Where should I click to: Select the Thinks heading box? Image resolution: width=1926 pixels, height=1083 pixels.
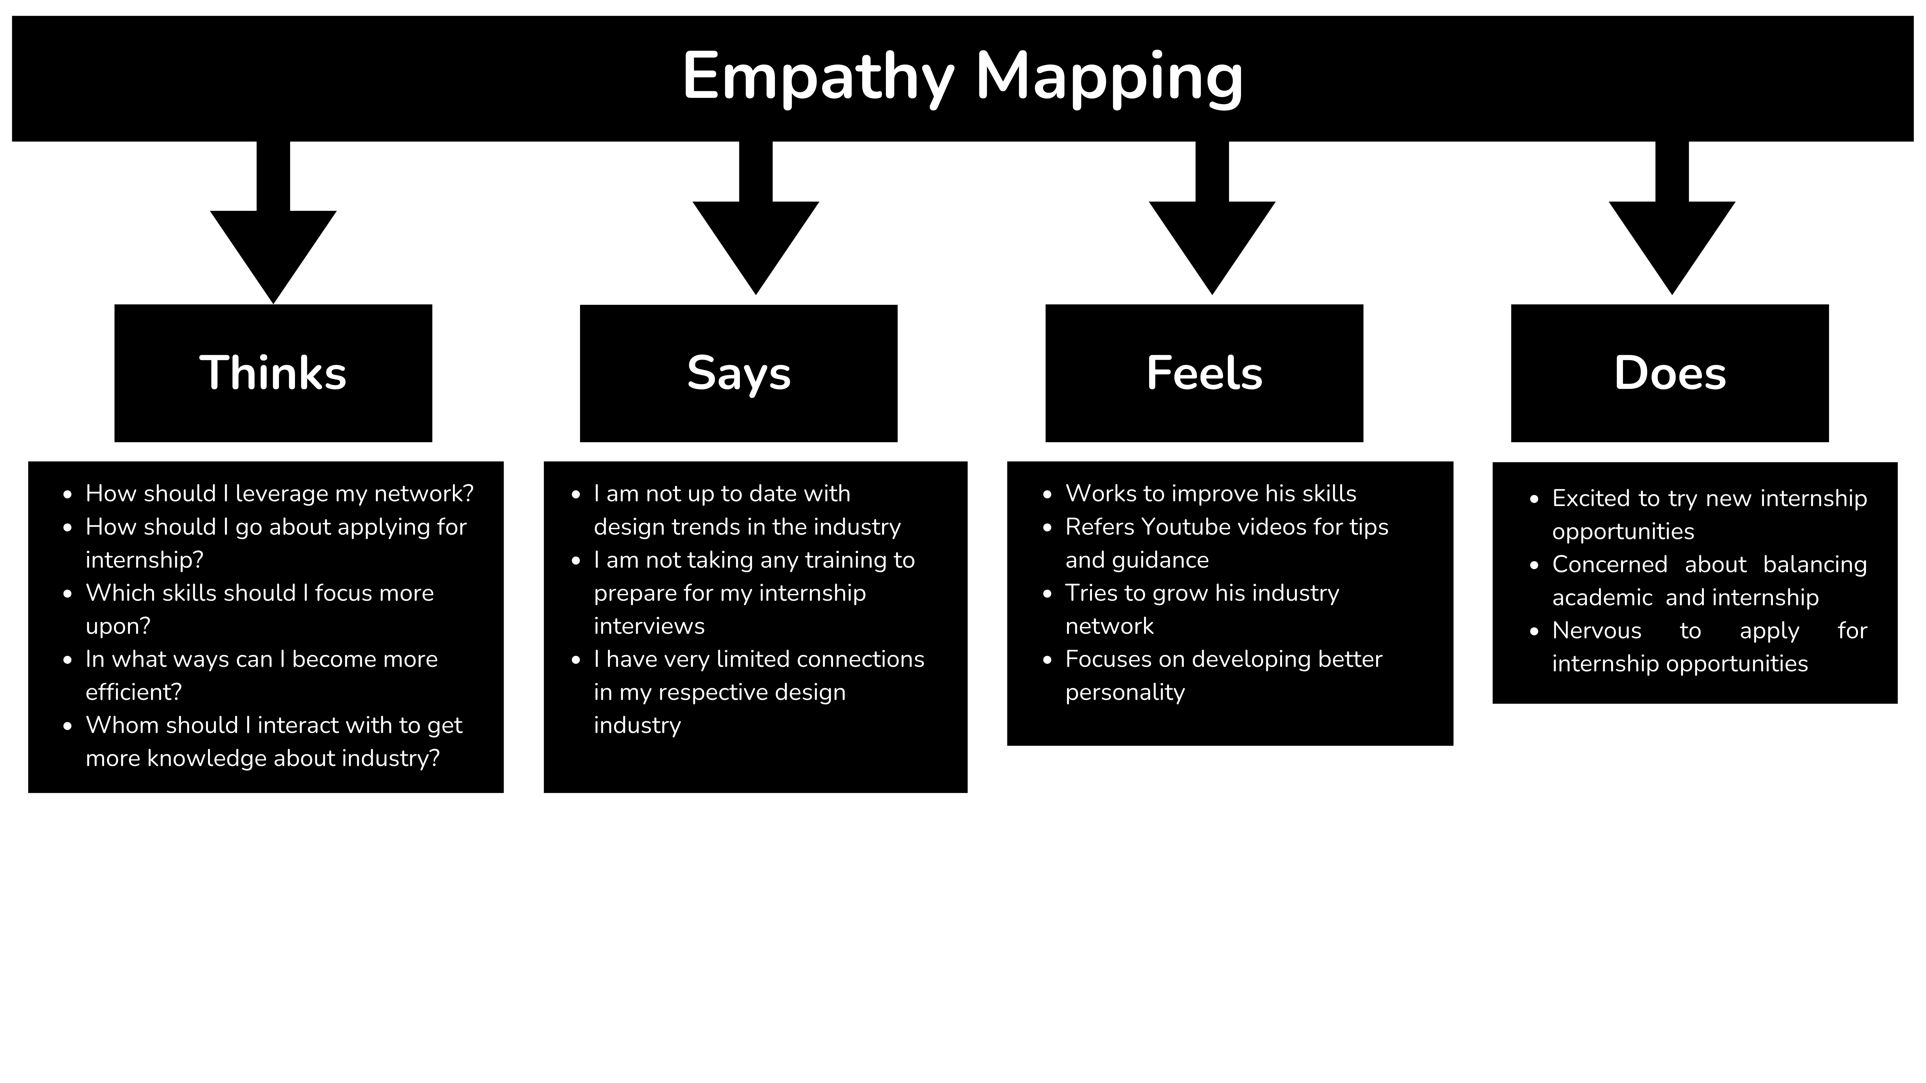273,373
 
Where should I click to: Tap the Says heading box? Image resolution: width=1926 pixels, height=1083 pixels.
739,373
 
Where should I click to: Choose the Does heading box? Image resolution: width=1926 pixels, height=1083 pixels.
1670,373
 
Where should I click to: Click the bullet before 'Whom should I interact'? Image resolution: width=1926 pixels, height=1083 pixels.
68,726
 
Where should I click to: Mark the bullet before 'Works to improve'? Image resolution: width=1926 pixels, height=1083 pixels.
1047,494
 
